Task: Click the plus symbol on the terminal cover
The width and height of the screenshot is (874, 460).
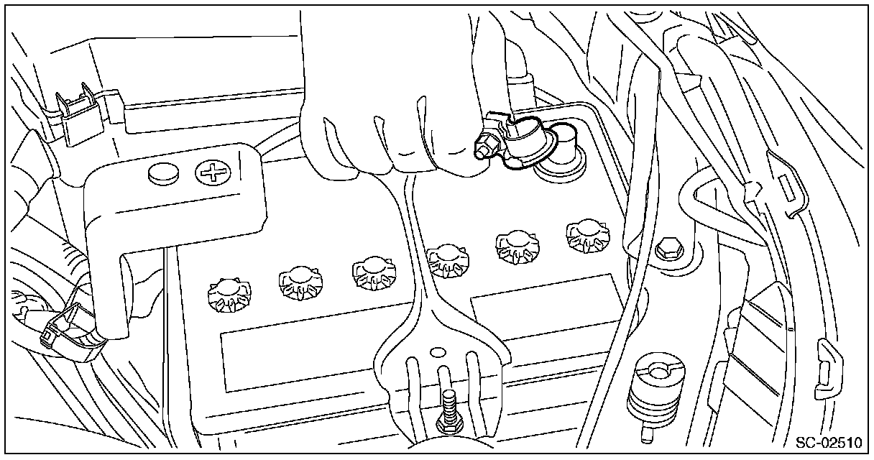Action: [211, 172]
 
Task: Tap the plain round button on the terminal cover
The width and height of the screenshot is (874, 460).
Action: [164, 172]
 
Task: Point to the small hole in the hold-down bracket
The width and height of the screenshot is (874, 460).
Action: [436, 353]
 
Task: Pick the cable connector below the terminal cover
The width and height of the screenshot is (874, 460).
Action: [68, 334]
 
